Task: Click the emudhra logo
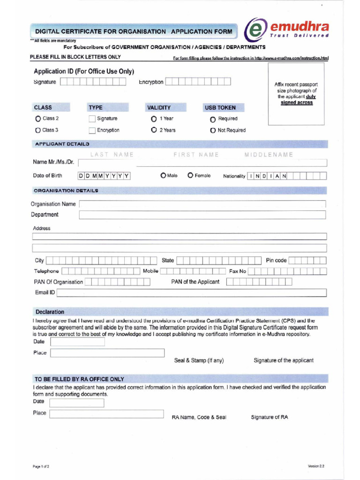click(x=286, y=29)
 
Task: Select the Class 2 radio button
click(x=38, y=119)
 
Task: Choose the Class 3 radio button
click(x=38, y=130)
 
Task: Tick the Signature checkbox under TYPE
click(x=92, y=119)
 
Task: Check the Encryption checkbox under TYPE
click(x=92, y=130)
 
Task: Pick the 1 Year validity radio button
click(x=154, y=119)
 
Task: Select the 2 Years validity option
click(x=154, y=130)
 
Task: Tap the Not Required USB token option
click(x=213, y=130)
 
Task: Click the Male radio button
click(x=163, y=176)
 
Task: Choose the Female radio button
click(x=190, y=176)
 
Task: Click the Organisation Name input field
click(x=202, y=204)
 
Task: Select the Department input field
click(x=202, y=215)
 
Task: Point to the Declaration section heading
click(x=50, y=312)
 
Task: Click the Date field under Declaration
click(x=77, y=342)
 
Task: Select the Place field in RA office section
click(x=106, y=414)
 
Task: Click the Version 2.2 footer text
click(x=316, y=466)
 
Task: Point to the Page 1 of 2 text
click(x=41, y=467)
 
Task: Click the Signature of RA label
click(x=269, y=417)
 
